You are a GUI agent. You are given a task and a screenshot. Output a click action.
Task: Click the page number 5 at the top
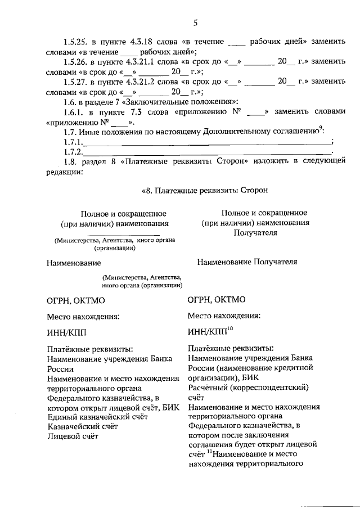point(195,22)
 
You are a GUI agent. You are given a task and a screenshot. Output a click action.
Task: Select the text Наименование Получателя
point(247,262)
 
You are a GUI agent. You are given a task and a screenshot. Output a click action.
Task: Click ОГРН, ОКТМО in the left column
point(75,301)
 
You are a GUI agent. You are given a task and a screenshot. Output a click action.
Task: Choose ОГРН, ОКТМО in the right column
point(216,300)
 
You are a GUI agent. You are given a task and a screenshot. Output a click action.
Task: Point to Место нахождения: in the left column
point(83,316)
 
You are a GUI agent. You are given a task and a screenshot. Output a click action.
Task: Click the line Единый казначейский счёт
point(97,416)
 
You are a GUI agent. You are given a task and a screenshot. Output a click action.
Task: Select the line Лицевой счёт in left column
point(71,435)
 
